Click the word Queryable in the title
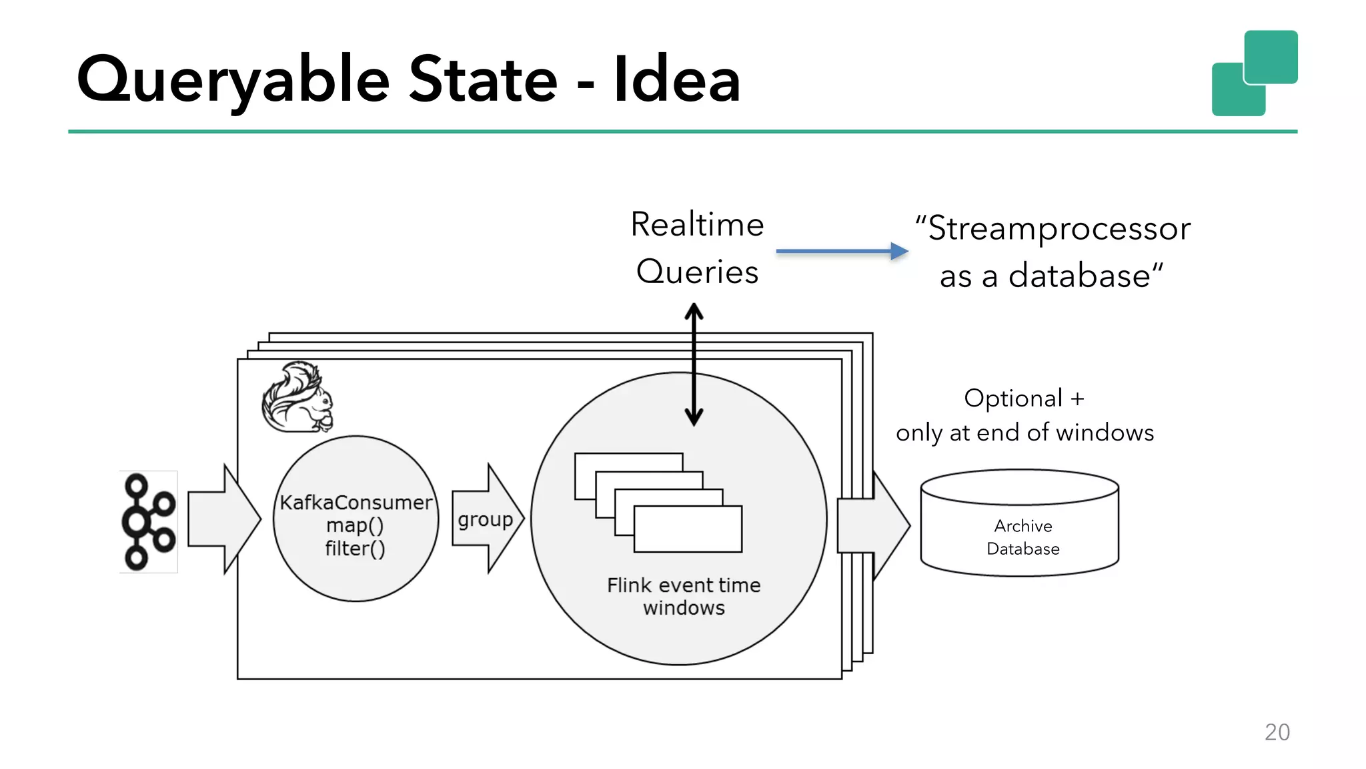coord(233,80)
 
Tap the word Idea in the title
coord(676,80)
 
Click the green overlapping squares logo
coord(1254,73)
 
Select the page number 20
coord(1277,732)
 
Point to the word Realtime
coord(697,224)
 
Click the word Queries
coord(697,272)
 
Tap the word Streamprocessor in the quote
coord(1059,228)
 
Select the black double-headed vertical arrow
coord(694,364)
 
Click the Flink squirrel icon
coord(297,398)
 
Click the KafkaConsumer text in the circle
coord(356,502)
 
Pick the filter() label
coord(355,549)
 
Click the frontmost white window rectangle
coord(688,529)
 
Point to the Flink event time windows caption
coord(684,596)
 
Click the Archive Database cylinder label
coord(1022,537)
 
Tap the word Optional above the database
coord(1012,399)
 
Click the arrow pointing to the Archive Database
coord(874,525)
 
